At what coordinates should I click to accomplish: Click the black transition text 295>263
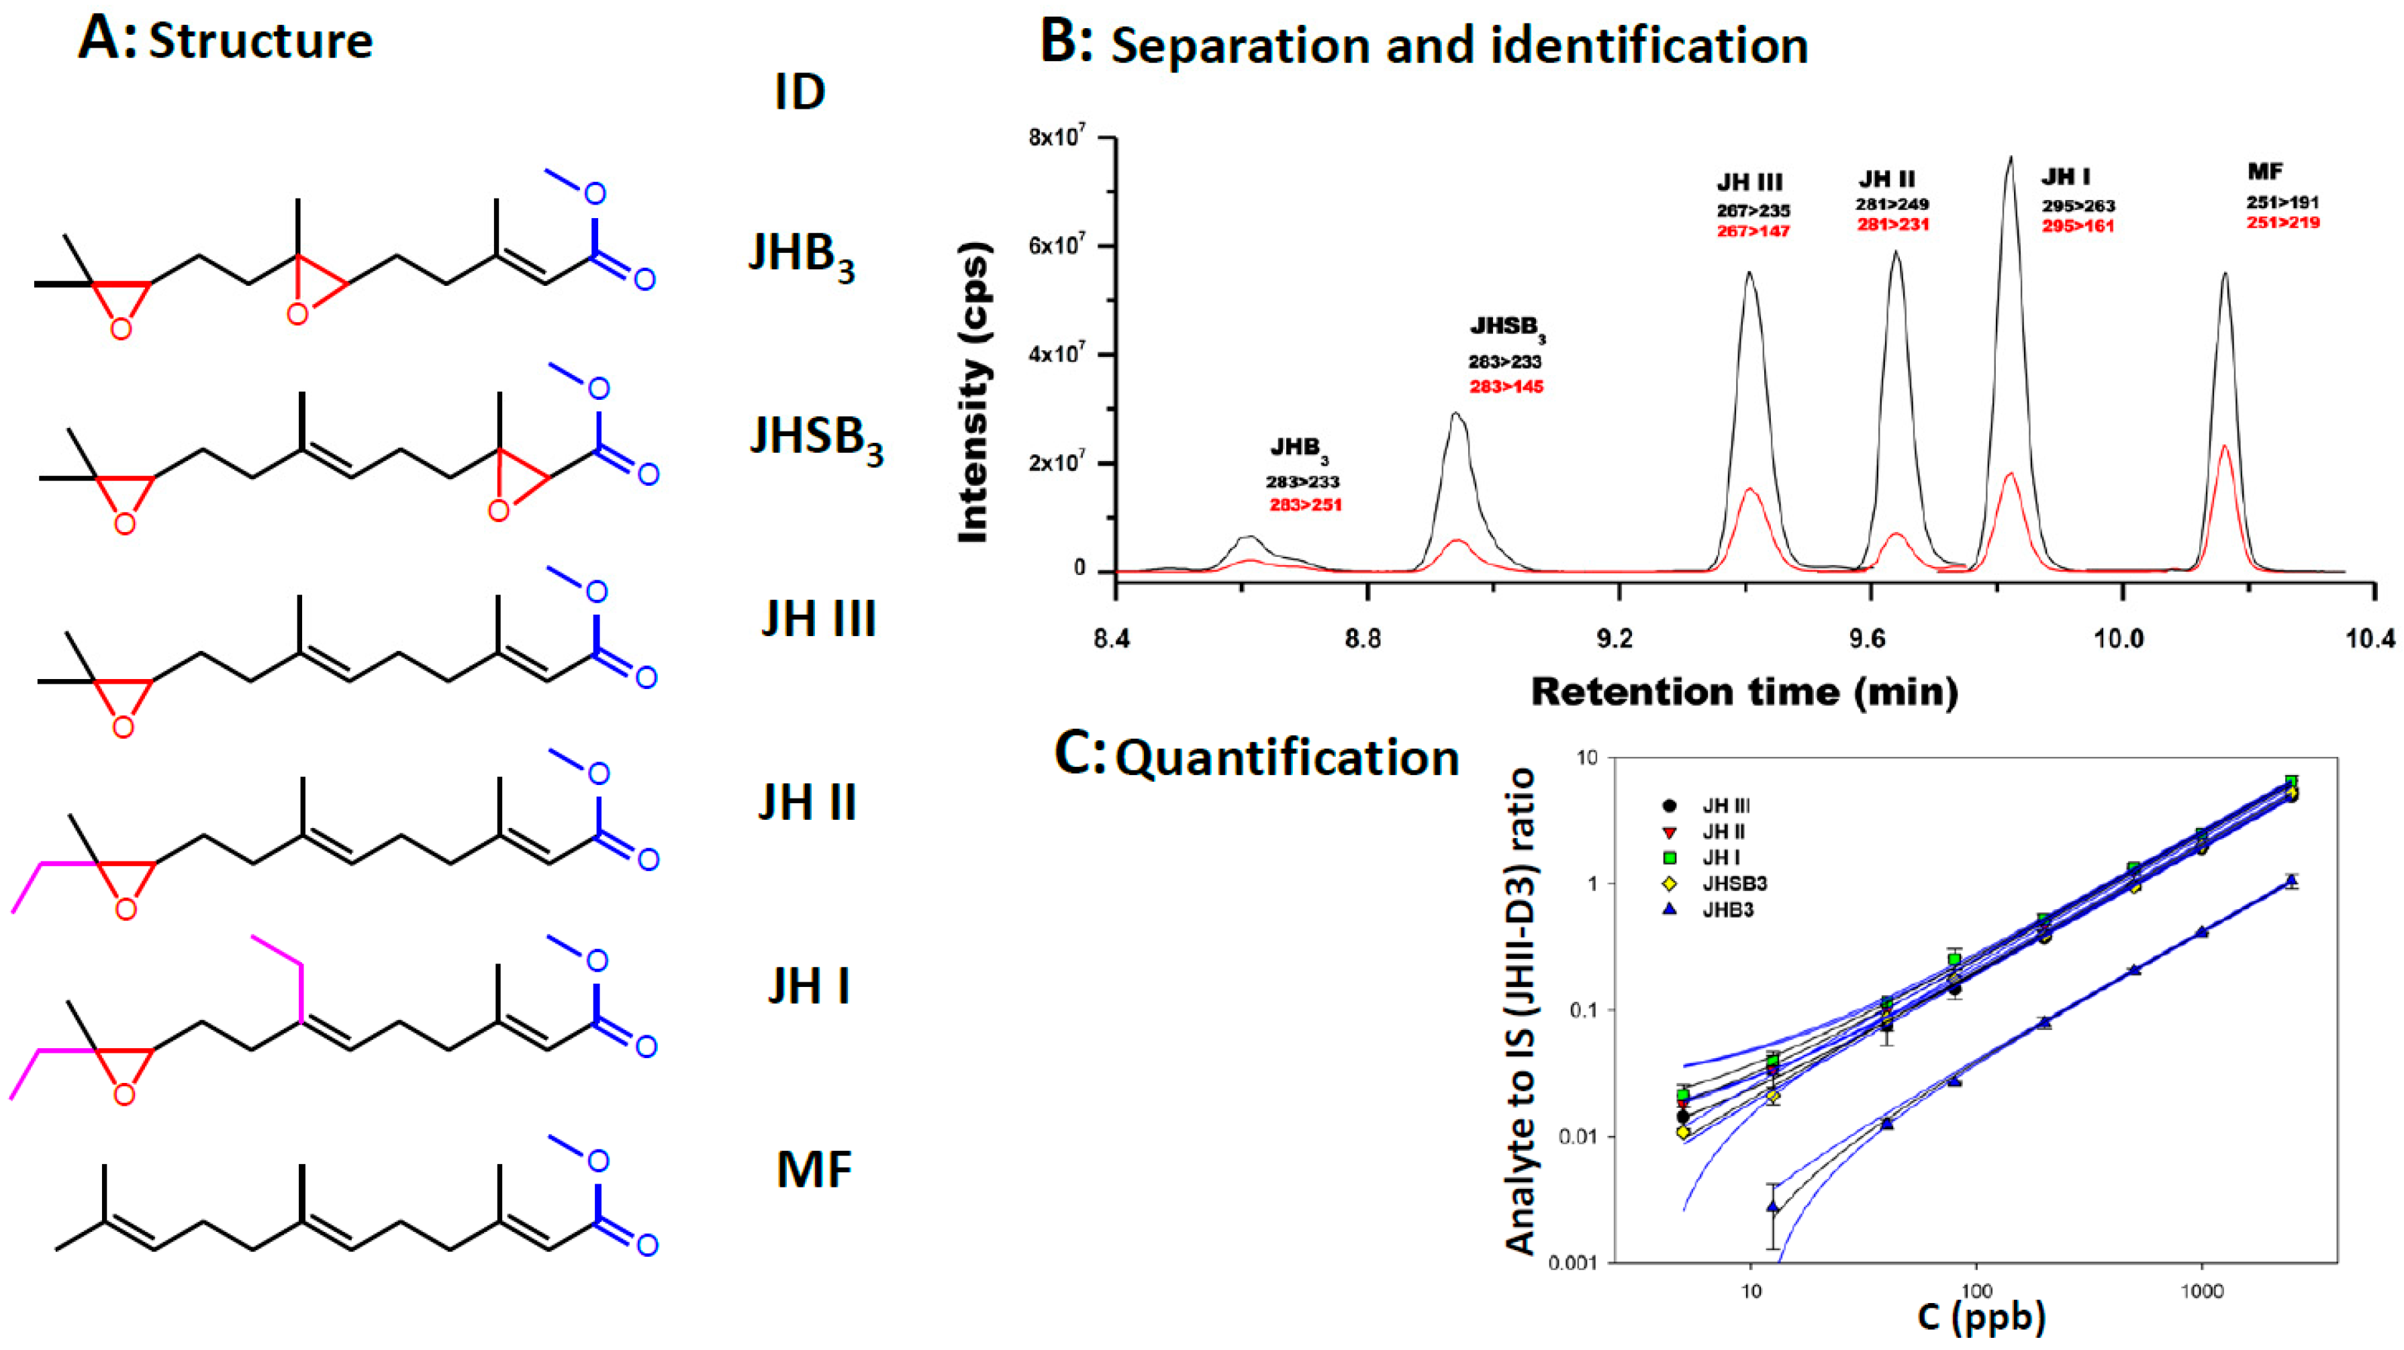point(2077,206)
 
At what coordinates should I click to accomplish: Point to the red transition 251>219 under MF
point(2282,223)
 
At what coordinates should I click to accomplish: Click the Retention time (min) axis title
point(1743,691)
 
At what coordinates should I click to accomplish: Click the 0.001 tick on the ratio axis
point(1572,1263)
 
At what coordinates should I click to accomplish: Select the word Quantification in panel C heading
point(1287,758)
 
